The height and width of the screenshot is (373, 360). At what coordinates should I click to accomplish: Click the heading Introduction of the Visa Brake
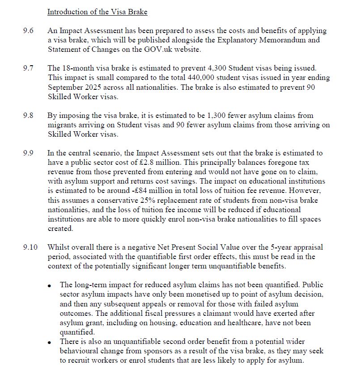97,12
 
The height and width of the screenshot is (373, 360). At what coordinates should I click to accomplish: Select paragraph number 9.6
28,31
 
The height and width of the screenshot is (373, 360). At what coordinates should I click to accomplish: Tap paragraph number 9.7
28,68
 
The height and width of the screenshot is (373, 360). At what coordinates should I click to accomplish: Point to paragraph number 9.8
28,115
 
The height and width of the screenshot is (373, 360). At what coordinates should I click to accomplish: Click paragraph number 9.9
28,153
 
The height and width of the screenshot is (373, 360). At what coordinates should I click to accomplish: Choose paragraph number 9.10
30,247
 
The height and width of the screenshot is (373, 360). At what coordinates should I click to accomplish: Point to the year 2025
90,87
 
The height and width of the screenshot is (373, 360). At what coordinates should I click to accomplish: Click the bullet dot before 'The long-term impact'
51,285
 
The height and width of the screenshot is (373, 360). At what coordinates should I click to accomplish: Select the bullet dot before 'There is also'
51,342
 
